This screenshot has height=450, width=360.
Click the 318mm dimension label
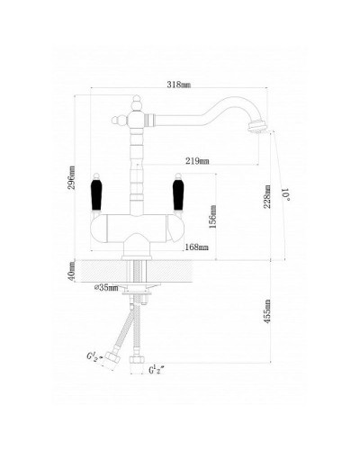coord(179,85)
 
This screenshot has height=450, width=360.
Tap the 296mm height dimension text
coord(72,177)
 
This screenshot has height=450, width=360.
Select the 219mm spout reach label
coord(197,161)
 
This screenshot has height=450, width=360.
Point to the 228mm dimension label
coord(267,196)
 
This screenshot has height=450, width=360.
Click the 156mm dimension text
coord(212,217)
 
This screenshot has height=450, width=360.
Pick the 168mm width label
coord(196,247)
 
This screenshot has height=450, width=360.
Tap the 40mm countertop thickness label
coord(72,271)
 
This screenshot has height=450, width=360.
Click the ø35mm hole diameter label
coord(106,288)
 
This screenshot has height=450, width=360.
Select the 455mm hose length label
coord(267,311)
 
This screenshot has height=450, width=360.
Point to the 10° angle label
coord(286,194)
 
